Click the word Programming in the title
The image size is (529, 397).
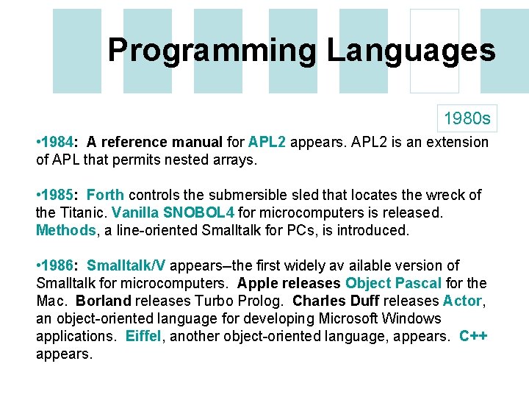tap(212, 51)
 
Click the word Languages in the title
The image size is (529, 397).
tap(411, 51)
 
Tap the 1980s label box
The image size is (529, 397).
tap(467, 118)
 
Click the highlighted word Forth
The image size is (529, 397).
tap(105, 195)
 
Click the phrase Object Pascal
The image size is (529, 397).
tap(393, 283)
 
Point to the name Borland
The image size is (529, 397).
tap(103, 301)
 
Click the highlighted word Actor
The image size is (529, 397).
tap(462, 301)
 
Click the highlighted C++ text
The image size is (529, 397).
tap(473, 336)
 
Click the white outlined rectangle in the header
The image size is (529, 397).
tap(434, 51)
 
